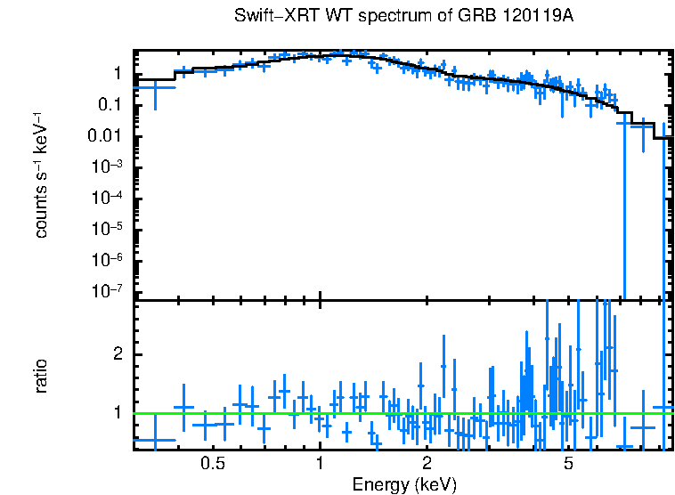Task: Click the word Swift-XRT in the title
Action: (266, 16)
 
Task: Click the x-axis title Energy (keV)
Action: (404, 485)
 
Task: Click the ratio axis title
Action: (42, 376)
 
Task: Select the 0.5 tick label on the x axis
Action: (212, 464)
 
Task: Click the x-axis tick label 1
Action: (320, 464)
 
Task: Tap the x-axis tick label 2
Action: (427, 464)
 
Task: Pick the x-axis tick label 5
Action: (569, 464)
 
